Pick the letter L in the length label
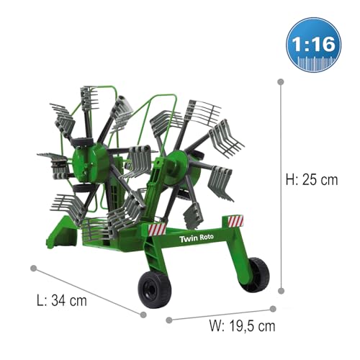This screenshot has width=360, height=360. click(40, 300)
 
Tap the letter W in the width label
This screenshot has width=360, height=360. click(213, 325)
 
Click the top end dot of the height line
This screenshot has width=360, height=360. click(280, 82)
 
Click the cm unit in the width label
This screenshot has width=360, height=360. click(266, 325)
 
